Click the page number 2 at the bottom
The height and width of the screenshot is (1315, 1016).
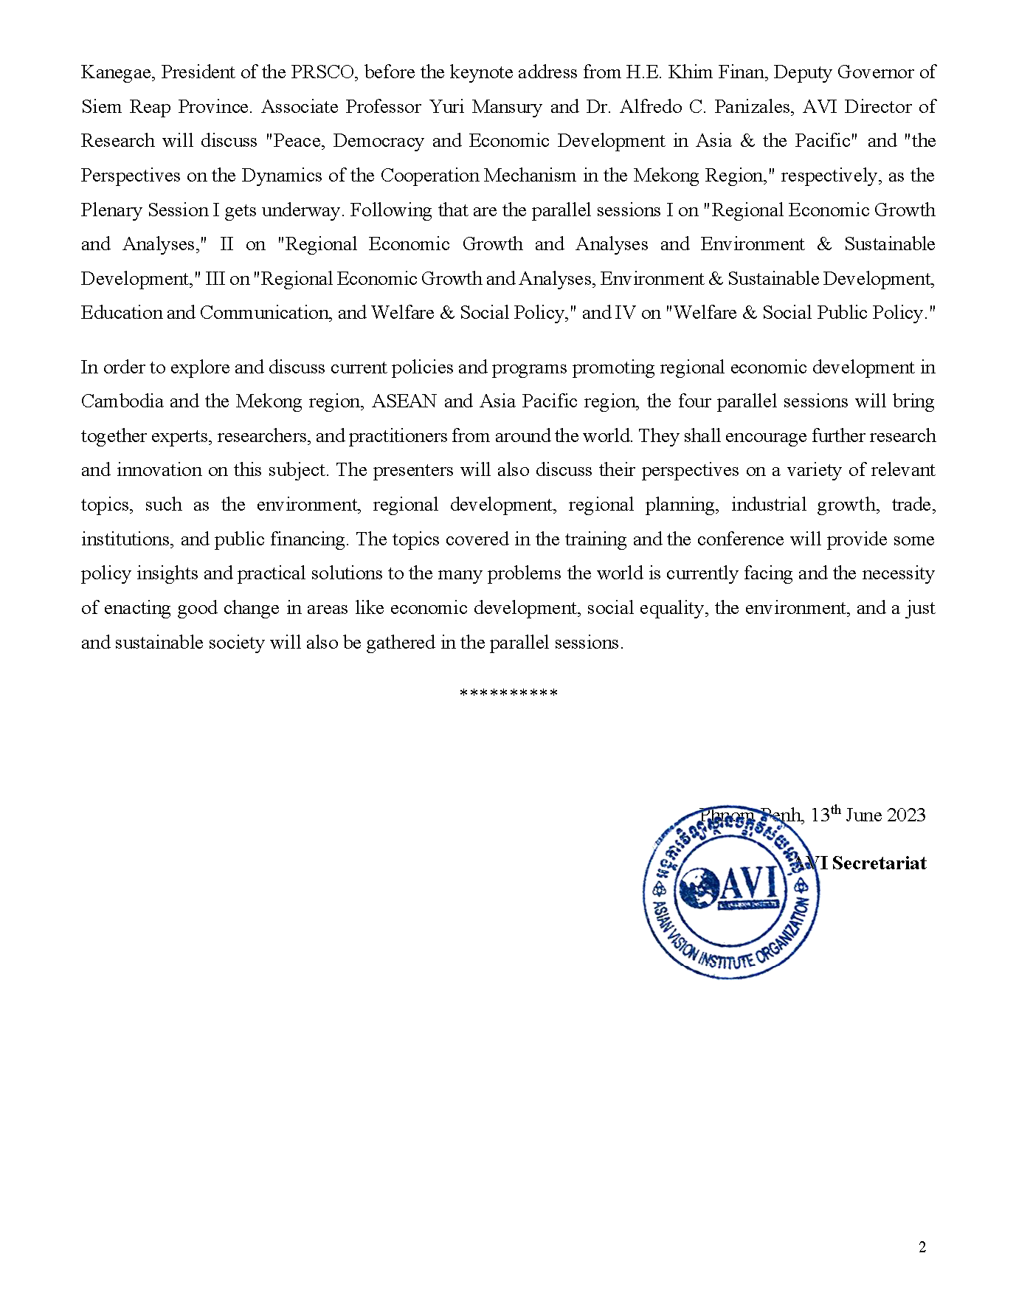(922, 1247)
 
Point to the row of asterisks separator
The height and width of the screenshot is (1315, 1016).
(508, 694)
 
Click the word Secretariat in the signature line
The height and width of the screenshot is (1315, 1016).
(879, 863)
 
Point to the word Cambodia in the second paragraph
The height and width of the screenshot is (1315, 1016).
(122, 401)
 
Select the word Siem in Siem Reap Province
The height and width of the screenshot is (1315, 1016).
(101, 107)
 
